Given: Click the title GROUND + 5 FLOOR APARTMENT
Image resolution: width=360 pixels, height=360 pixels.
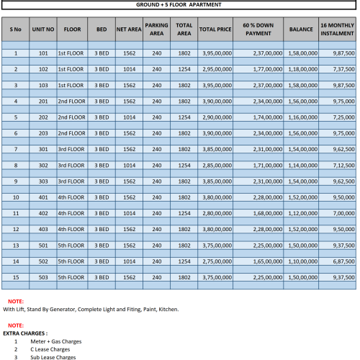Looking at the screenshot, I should pos(179,4).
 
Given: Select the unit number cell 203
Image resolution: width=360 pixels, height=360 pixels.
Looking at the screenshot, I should pos(43,133).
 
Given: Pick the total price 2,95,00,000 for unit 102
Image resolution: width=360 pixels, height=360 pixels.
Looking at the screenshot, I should pos(214,69).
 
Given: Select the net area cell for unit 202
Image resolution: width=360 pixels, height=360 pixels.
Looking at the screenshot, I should pos(129,117).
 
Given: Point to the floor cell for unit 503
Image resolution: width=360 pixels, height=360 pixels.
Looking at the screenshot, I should pos(72,276).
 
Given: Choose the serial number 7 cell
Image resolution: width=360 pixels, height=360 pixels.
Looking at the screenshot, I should pos(15,149).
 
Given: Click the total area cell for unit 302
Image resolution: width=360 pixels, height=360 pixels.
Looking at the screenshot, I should pos(184,165).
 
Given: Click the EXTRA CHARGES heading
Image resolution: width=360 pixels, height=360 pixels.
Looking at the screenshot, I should pos(25,333).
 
